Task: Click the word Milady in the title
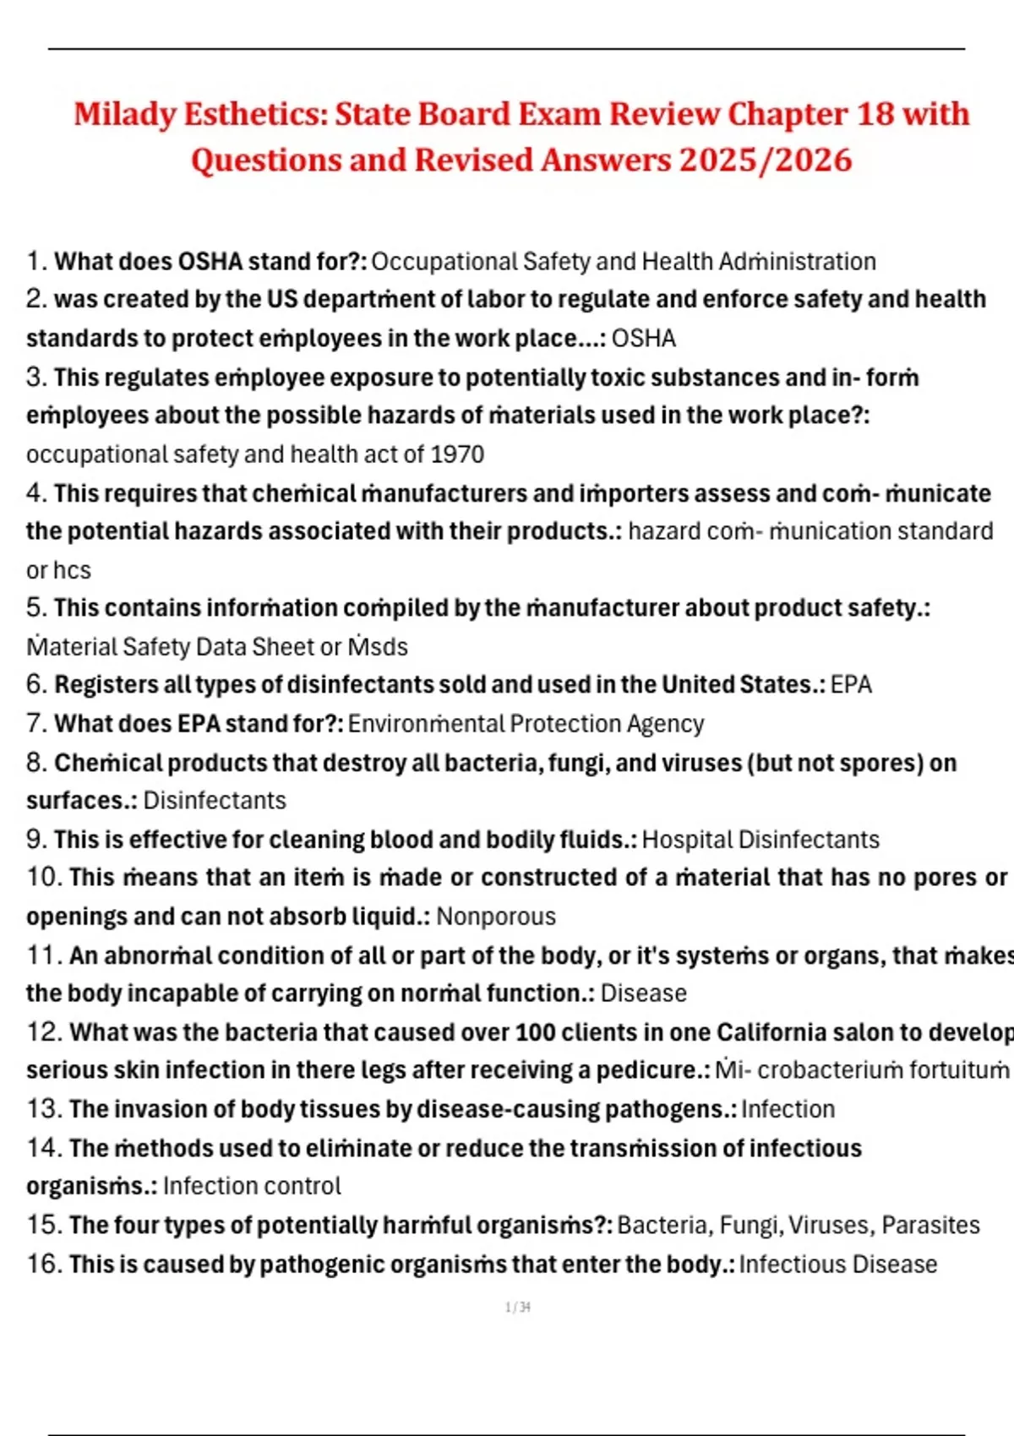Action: click(124, 114)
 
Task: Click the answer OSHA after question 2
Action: click(643, 339)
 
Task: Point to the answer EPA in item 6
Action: click(851, 684)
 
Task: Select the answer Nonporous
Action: click(496, 917)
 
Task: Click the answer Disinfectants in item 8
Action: click(215, 800)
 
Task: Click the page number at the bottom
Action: click(517, 1308)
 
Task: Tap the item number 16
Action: click(44, 1265)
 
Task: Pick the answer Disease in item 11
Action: click(643, 993)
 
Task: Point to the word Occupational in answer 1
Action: click(444, 262)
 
